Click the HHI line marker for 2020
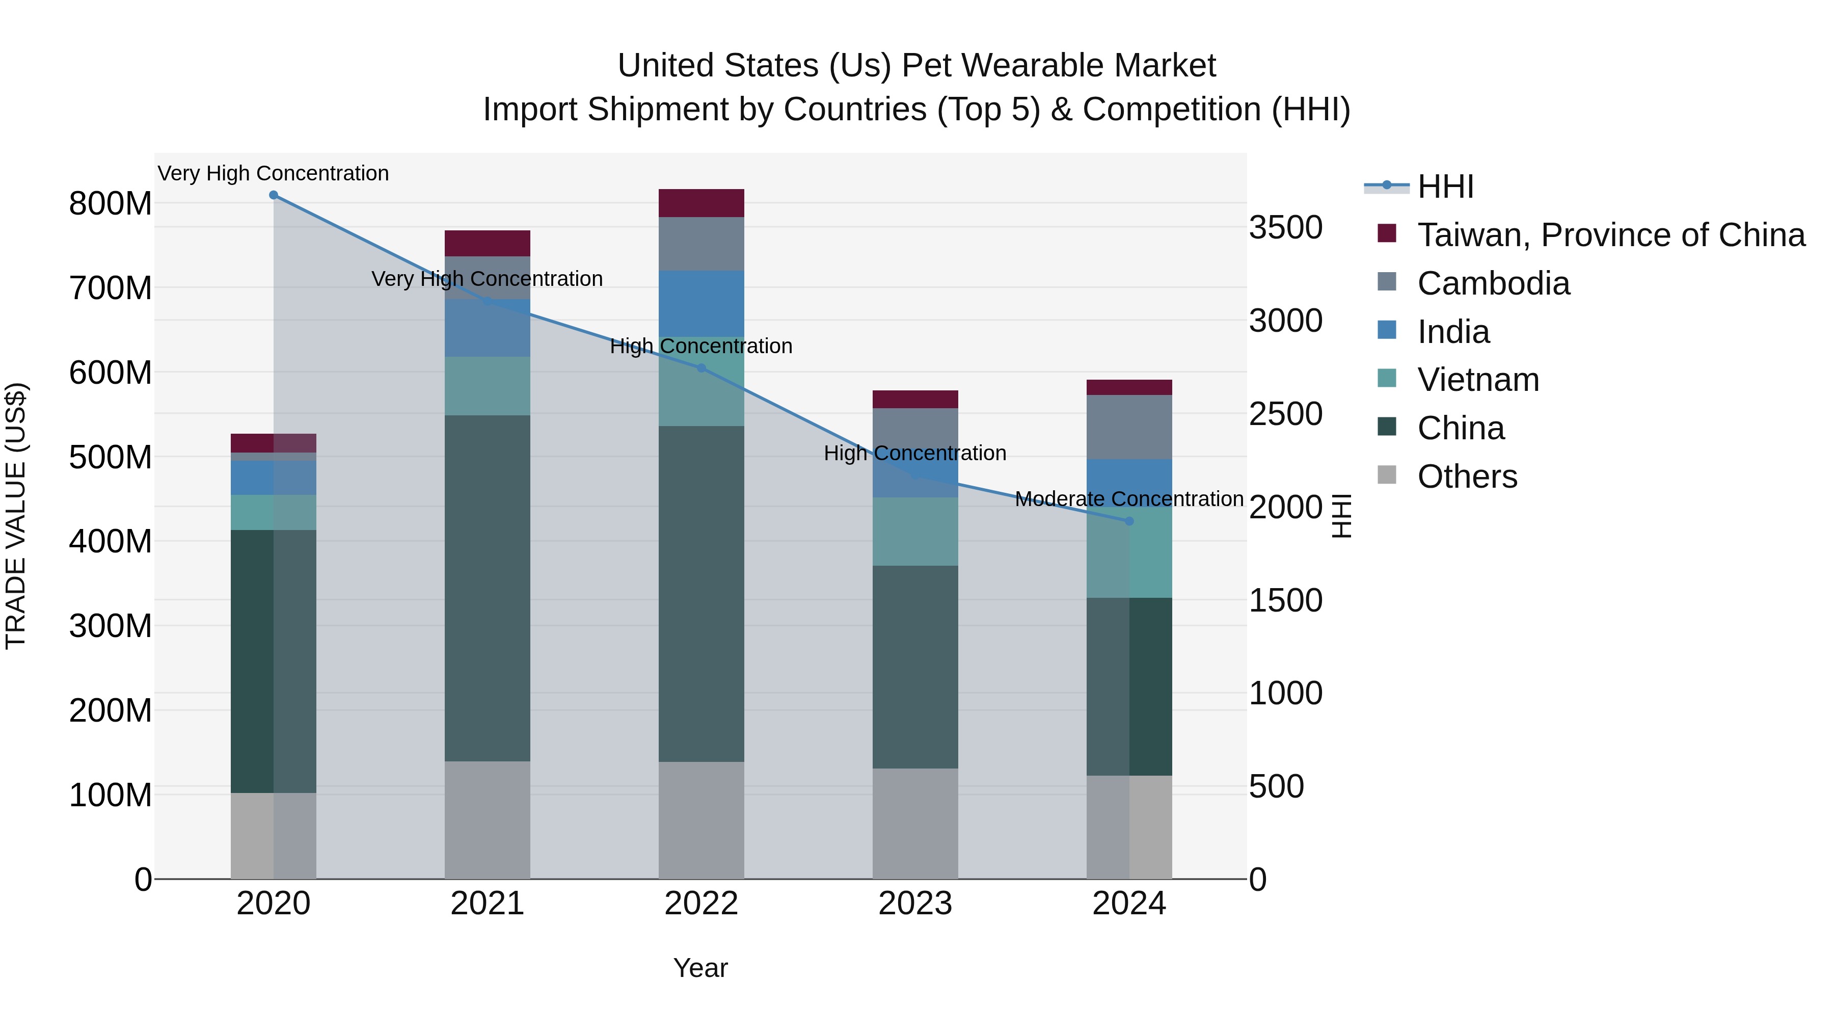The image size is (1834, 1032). coord(274,195)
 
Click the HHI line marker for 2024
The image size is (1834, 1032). coord(1129,521)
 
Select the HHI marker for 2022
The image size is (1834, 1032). coord(702,368)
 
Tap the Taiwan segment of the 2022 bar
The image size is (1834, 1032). coord(702,203)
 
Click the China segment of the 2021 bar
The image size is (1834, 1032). coord(487,588)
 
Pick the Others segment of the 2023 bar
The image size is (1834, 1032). coord(915,824)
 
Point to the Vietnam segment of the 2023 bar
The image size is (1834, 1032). coord(915,532)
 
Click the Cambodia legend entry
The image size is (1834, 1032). coord(1493,283)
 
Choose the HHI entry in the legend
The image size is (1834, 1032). coord(1445,187)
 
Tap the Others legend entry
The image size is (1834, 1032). coord(1467,477)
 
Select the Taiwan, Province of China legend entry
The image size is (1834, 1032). coord(1610,235)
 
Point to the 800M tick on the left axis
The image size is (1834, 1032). coord(111,204)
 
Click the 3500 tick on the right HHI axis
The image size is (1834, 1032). coord(1285,228)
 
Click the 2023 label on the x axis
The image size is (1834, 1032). coord(915,904)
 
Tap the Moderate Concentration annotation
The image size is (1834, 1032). coord(1129,499)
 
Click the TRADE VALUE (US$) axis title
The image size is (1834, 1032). coord(16,516)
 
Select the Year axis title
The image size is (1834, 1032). coord(700,968)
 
